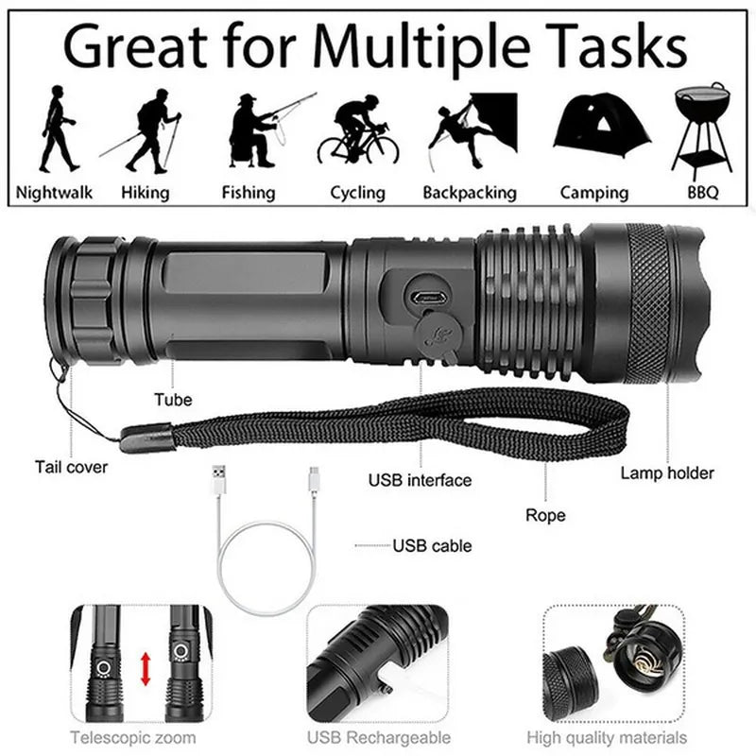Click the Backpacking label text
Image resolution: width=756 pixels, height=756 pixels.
tap(470, 193)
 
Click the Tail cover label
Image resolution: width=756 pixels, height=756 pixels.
tap(72, 466)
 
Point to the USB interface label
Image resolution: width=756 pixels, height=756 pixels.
tap(420, 480)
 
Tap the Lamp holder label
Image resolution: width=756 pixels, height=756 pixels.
tap(667, 472)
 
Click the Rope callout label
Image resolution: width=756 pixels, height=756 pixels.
tap(545, 515)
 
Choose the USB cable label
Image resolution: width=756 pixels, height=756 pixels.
tap(432, 545)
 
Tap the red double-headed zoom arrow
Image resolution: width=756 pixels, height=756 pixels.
tap(146, 668)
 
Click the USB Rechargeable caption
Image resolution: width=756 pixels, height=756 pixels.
tap(378, 737)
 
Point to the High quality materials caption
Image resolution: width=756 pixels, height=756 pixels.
tap(620, 737)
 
